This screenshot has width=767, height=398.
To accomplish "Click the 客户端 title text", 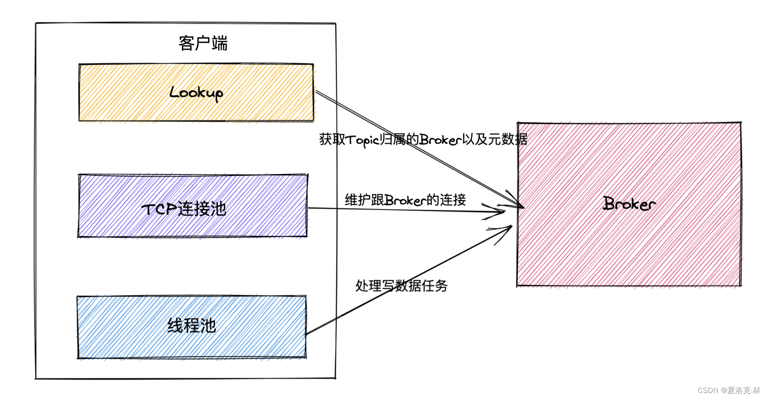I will tap(203, 43).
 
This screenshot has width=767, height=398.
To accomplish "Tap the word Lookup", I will tap(196, 92).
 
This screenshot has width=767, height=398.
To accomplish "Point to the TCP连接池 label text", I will tap(184, 209).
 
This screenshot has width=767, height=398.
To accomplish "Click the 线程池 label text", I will tap(192, 326).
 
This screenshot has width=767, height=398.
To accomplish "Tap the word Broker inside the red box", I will tap(629, 204).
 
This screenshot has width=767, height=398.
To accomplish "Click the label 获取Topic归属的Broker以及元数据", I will tap(423, 139).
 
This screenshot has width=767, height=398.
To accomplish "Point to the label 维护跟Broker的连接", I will tap(405, 200).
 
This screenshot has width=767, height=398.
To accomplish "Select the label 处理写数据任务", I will tap(401, 286).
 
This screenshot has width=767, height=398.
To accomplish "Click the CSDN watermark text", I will tap(729, 390).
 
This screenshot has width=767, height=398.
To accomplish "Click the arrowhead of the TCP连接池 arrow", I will tap(500, 211).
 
